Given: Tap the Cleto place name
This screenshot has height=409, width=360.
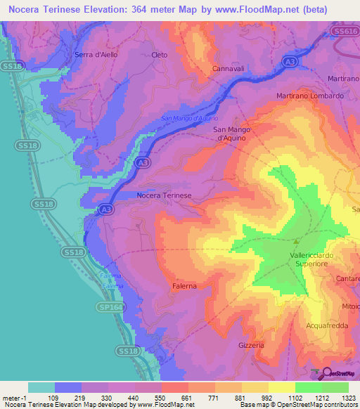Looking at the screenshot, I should click(x=160, y=54).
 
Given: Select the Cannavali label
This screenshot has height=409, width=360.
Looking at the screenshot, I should click(x=229, y=69).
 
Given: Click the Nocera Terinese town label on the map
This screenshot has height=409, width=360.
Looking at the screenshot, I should click(x=164, y=195).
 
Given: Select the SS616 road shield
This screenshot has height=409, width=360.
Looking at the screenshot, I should click(x=345, y=32).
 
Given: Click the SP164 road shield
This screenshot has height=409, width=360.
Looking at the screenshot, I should click(x=108, y=307).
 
